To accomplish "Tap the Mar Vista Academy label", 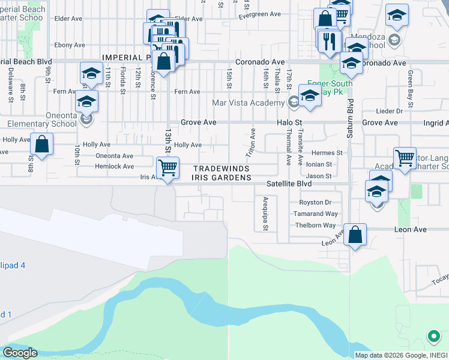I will [x=248, y=103].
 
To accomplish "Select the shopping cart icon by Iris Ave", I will [x=167, y=167].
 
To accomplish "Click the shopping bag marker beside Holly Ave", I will [x=41, y=145].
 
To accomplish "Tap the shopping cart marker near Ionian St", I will [x=405, y=158].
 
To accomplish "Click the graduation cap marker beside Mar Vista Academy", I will [x=310, y=96].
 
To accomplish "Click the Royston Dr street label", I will [x=315, y=203].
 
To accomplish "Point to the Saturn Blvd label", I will [x=350, y=127].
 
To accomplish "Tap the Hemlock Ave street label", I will [x=115, y=166].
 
